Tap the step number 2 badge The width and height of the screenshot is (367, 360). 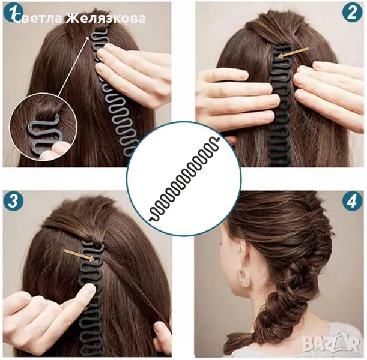(352, 13)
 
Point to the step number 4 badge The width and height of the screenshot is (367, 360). (352, 201)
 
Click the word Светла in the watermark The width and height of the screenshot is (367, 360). (38, 18)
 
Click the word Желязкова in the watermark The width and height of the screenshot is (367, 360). (105, 18)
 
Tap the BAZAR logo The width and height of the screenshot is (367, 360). (330, 343)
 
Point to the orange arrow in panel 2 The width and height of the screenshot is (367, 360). (294, 53)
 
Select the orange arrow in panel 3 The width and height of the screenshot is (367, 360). (79, 255)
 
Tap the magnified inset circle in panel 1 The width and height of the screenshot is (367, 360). (44, 127)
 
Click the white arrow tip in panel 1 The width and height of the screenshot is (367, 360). (89, 36)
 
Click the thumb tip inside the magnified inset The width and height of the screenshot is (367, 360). (57, 148)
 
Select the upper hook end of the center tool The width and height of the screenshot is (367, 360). (217, 139)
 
